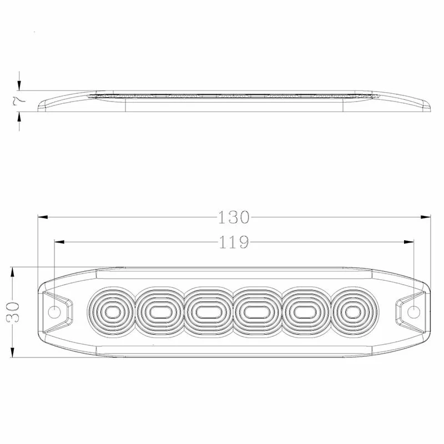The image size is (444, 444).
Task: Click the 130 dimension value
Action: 234,217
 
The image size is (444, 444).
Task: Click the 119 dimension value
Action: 234,242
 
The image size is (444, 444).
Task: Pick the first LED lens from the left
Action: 112,312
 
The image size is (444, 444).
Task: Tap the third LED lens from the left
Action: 206,312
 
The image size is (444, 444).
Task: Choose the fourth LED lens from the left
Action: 255,312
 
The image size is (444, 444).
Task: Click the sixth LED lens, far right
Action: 350,312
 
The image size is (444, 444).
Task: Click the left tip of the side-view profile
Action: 38,107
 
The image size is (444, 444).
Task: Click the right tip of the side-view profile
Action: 430,107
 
